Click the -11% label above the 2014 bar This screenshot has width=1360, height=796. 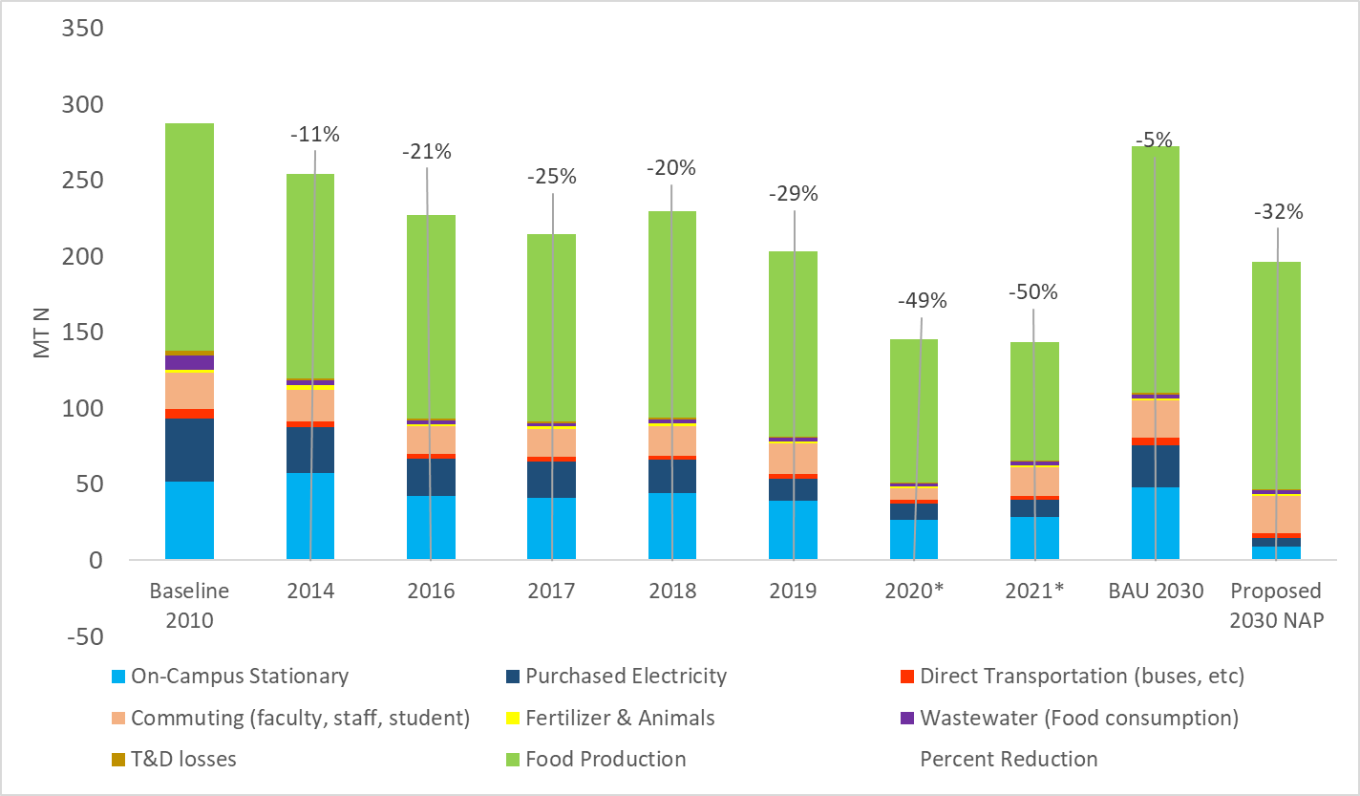[315, 134]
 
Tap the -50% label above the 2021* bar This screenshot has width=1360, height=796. [1033, 292]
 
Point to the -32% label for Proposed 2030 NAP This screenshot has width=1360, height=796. [1278, 212]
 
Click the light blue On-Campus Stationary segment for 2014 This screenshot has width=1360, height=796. [310, 516]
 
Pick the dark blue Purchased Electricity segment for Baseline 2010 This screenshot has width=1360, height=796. [189, 450]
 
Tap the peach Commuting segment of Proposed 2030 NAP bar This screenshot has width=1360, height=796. [1277, 514]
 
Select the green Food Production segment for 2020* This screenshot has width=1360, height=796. [914, 411]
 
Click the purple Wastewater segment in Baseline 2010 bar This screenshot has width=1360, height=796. [189, 363]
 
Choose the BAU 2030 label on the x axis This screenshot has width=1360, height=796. [1156, 591]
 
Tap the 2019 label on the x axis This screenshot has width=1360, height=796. [794, 591]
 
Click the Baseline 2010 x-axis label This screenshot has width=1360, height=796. [189, 605]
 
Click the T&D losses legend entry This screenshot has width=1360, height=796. [182, 760]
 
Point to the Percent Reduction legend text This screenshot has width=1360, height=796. [1009, 760]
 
